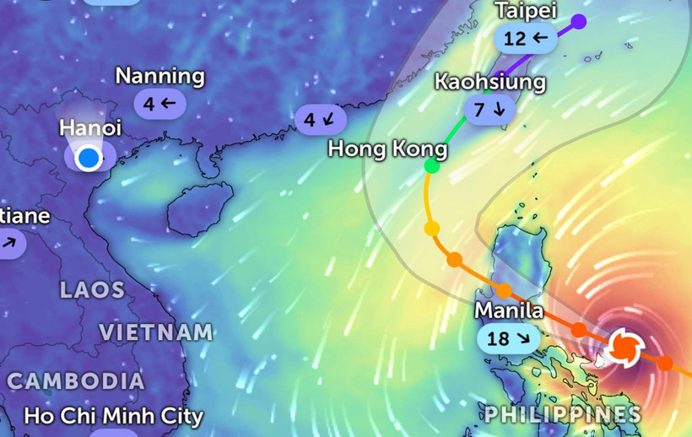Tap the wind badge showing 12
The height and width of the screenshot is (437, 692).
click(525, 38)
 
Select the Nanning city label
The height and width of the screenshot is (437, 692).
click(159, 76)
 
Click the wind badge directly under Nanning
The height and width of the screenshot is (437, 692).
click(159, 104)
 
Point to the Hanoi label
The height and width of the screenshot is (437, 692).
click(90, 128)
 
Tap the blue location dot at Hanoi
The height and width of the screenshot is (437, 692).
click(87, 158)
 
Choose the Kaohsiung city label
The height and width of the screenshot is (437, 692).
click(490, 82)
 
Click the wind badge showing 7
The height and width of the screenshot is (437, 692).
click(489, 109)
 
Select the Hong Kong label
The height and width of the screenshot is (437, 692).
click(387, 149)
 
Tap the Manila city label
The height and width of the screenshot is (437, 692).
click(508, 310)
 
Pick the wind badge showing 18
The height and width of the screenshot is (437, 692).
click(509, 338)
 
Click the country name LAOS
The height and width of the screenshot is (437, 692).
click(92, 290)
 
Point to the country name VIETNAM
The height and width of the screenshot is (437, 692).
click(156, 332)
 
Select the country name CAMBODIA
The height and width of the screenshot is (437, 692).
click(76, 380)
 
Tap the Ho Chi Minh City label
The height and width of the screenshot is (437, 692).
click(113, 416)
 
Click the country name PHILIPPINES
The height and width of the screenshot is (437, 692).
click(561, 414)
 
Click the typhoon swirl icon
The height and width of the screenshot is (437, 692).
click(625, 346)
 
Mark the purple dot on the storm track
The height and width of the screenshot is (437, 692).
click(578, 21)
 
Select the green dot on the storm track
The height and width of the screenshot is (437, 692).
click(431, 166)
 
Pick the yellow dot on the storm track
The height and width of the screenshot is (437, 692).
click(432, 229)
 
